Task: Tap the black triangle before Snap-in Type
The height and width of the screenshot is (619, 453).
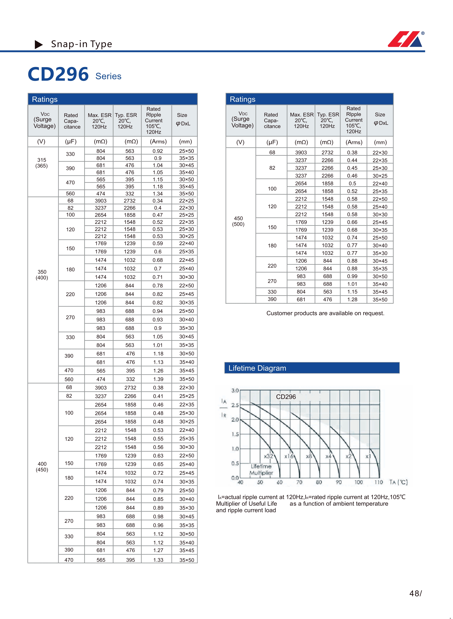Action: (39, 44)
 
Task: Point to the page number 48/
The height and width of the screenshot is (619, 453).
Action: (415, 593)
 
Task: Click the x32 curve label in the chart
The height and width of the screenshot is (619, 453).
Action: (268, 456)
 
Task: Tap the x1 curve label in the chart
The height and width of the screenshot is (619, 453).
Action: (368, 456)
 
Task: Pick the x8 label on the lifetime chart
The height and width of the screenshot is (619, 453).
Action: (309, 456)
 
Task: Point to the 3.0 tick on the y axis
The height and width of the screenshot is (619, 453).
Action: (235, 390)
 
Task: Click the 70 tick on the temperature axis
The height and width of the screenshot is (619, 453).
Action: (299, 482)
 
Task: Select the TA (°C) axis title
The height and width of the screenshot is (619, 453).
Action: (398, 482)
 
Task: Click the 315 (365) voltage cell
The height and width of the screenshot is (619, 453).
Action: (42, 163)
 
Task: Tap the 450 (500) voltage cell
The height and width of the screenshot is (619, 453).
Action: (238, 221)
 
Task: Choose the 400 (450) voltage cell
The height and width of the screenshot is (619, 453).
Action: (42, 467)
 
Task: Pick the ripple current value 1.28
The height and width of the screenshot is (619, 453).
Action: (352, 299)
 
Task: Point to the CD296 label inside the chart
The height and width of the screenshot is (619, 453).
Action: (286, 397)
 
